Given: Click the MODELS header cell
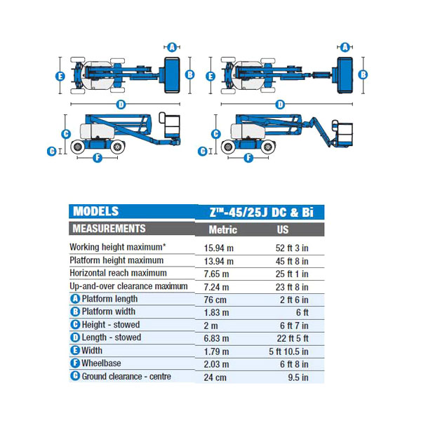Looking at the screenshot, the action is pos(95,211).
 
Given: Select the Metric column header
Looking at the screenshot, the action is pos(223,230).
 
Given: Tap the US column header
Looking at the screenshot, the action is pos(283,230).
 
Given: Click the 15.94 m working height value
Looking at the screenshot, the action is pos(218,248).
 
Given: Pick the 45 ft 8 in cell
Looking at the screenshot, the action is pos(292,261).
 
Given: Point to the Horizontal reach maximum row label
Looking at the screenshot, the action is pos(118,273).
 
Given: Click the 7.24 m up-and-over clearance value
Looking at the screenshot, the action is pos(216,287).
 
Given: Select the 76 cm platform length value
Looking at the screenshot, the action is pos(215,300).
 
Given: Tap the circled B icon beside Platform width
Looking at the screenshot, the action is pos(75,312).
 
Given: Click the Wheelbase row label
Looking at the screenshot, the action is pos(101,363).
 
